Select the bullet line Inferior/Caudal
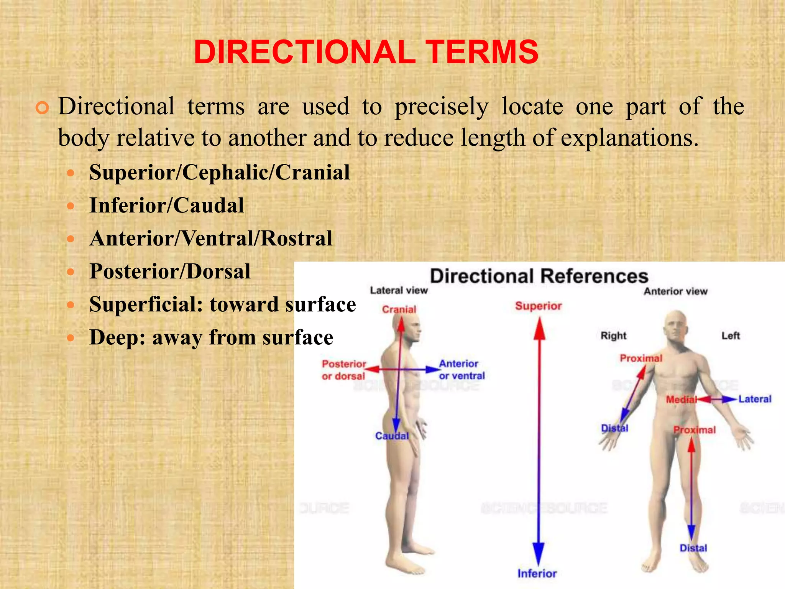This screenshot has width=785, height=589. tap(167, 205)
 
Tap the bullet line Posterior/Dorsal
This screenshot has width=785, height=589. tap(170, 271)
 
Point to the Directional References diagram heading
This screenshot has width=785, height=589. tap(539, 276)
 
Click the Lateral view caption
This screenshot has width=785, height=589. tap(399, 291)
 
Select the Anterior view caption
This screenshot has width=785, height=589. tap(675, 291)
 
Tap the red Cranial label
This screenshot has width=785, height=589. tap(399, 309)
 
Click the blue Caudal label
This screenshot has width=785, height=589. tap(392, 436)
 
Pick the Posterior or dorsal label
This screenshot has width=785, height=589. tap(344, 370)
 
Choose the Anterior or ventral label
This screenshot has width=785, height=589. tap(462, 370)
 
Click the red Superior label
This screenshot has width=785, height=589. tap(538, 306)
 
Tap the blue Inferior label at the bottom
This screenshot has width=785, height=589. tap(537, 573)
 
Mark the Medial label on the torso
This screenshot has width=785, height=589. tap(681, 400)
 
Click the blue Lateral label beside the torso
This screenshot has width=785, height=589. tap(755, 399)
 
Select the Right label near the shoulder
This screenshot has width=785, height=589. tap(613, 336)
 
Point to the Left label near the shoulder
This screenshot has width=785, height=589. tap(731, 336)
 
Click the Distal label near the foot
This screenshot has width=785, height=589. tap(693, 548)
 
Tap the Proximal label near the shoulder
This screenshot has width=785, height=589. tap(641, 358)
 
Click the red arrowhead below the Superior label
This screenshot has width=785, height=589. tap(539, 330)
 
